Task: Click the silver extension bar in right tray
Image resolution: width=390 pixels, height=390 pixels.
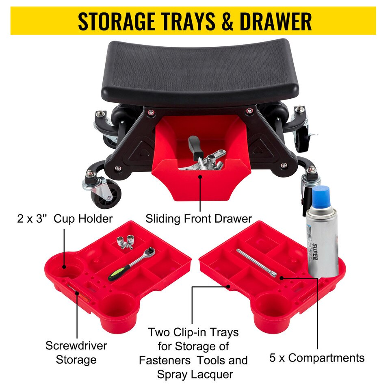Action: [257, 262]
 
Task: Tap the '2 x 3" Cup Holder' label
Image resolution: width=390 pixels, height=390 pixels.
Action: [65, 219]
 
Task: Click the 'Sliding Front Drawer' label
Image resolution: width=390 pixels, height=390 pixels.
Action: [199, 218]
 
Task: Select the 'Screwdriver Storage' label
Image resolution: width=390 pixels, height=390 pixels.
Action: [76, 352]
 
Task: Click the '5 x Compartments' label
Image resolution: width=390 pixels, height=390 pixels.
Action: [317, 357]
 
